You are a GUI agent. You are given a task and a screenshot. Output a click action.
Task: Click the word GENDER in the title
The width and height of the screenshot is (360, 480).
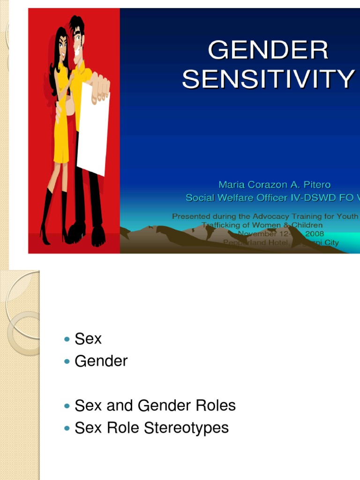tap(268, 51)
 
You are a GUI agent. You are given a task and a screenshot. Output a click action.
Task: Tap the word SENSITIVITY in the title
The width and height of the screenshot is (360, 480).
tap(268, 79)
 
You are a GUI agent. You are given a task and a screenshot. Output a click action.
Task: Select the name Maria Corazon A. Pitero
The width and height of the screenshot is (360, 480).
tap(277, 185)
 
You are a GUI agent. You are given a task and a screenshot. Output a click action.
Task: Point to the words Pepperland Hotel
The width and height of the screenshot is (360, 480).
tap(250, 242)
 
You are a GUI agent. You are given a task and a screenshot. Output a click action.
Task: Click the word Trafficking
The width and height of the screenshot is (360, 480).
tap(222, 225)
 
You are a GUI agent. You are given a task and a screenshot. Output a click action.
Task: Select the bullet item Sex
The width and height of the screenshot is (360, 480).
tap(88, 339)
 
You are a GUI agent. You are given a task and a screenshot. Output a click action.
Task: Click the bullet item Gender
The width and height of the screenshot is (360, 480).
tap(101, 361)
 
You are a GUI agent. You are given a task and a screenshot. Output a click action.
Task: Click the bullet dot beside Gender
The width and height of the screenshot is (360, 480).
tap(67, 361)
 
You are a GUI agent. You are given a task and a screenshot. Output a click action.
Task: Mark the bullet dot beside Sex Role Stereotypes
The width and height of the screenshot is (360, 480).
tap(67, 428)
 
